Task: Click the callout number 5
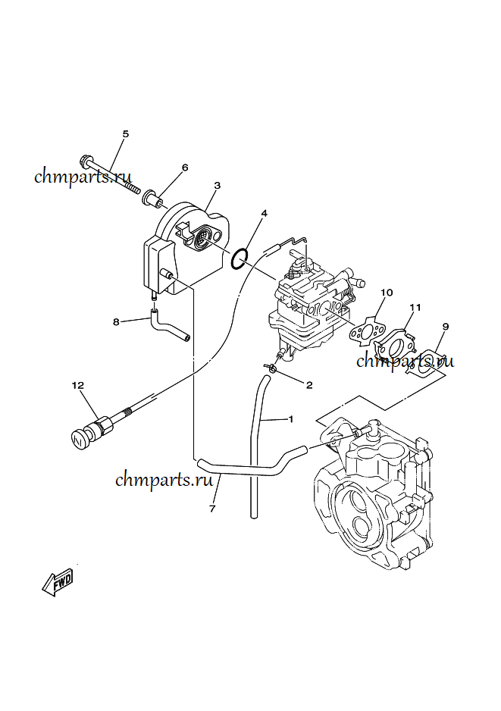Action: pos(126,134)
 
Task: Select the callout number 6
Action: pos(184,168)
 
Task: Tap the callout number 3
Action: pos(217,185)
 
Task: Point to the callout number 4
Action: pos(264,214)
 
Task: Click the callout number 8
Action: pos(116,321)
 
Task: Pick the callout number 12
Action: pos(77,385)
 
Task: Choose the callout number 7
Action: pos(212,509)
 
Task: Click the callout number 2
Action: pos(308,385)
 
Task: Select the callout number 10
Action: pos(387,292)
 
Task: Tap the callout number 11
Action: pos(415,307)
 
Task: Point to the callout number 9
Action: pos(445,326)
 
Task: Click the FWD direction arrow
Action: pos(58,582)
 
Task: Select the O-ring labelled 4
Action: pos(240,258)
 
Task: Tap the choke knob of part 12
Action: pos(80,438)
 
